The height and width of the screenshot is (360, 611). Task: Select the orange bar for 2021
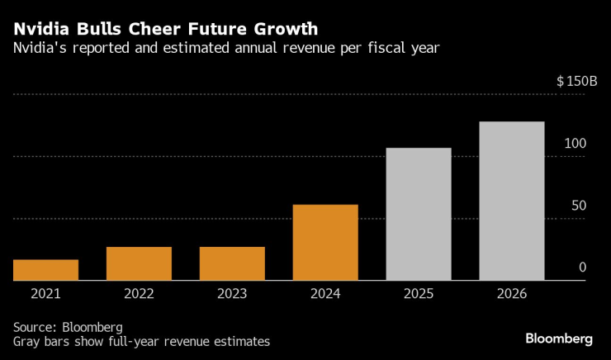[x=46, y=270]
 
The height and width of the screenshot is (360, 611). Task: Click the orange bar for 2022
[x=139, y=263]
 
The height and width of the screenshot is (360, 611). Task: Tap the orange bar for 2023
[x=232, y=263]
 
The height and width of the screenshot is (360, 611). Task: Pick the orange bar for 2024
[x=325, y=243]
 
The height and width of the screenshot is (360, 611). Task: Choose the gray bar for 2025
[x=419, y=214]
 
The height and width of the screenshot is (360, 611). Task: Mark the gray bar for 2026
[x=512, y=201]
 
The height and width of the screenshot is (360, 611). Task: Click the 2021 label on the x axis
[x=46, y=293]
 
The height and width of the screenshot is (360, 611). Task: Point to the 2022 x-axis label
[x=139, y=293]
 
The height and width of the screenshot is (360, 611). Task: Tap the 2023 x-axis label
[x=232, y=293]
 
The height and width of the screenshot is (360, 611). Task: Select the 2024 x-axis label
[x=325, y=293]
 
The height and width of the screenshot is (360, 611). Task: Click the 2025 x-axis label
[x=419, y=293]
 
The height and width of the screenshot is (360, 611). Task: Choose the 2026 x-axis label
[x=512, y=293]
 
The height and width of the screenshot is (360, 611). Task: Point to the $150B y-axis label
[x=576, y=82]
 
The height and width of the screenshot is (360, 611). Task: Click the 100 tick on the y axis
[x=575, y=144]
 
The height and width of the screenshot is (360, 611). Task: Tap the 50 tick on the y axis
[x=579, y=206]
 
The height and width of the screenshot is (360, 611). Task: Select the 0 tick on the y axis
[x=582, y=268]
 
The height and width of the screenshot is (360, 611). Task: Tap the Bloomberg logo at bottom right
[x=559, y=339]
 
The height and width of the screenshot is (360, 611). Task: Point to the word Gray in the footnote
[x=29, y=341]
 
